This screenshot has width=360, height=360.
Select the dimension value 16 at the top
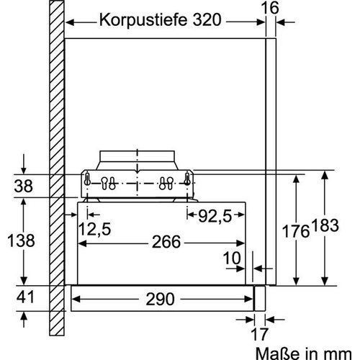(269, 7)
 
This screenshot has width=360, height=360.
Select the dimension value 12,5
(94, 230)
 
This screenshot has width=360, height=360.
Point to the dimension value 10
(232, 258)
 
